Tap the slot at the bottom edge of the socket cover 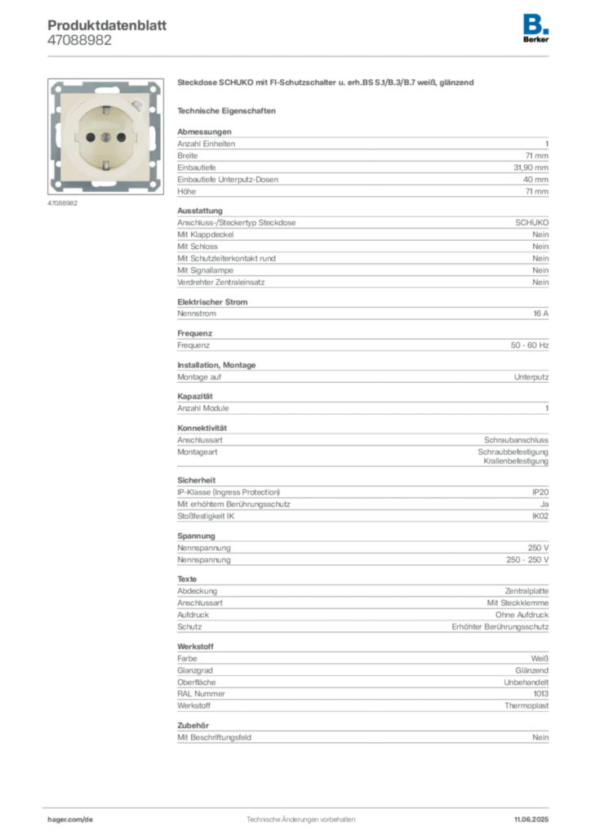tap(105, 179)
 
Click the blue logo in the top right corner tap(537, 22)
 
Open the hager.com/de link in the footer tap(72, 817)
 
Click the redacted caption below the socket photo tap(62, 203)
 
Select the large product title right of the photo tap(326, 83)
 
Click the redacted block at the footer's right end tap(535, 814)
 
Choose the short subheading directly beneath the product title tap(229, 110)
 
